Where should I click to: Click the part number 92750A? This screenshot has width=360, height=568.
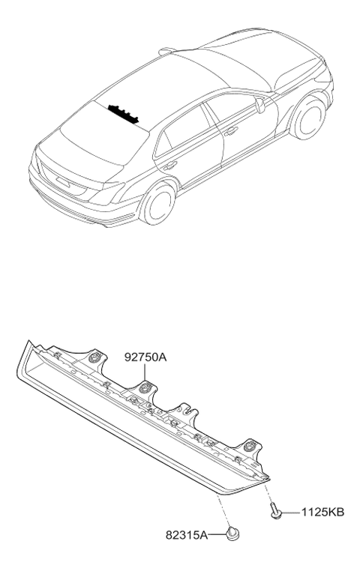[145, 357]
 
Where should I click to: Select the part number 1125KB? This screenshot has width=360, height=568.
[322, 513]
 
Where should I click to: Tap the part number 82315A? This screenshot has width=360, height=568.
[187, 535]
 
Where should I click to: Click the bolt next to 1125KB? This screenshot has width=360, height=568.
[276, 510]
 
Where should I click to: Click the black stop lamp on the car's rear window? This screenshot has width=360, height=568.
[124, 113]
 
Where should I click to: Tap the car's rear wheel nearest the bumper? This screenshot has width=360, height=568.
[157, 205]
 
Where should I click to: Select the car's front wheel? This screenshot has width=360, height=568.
[308, 118]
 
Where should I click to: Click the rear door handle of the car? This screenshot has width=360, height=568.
[169, 166]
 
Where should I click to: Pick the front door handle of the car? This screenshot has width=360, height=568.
[231, 130]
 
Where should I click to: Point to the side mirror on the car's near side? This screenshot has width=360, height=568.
[260, 105]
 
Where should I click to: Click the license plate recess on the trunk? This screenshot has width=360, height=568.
[63, 182]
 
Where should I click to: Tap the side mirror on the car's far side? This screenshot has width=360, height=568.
[167, 51]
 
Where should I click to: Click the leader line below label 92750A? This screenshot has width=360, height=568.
[145, 372]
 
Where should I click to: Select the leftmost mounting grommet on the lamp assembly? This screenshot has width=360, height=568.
[95, 358]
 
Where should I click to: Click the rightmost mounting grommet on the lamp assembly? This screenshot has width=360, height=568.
[250, 445]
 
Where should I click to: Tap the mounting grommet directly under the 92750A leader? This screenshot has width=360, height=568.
[145, 387]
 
